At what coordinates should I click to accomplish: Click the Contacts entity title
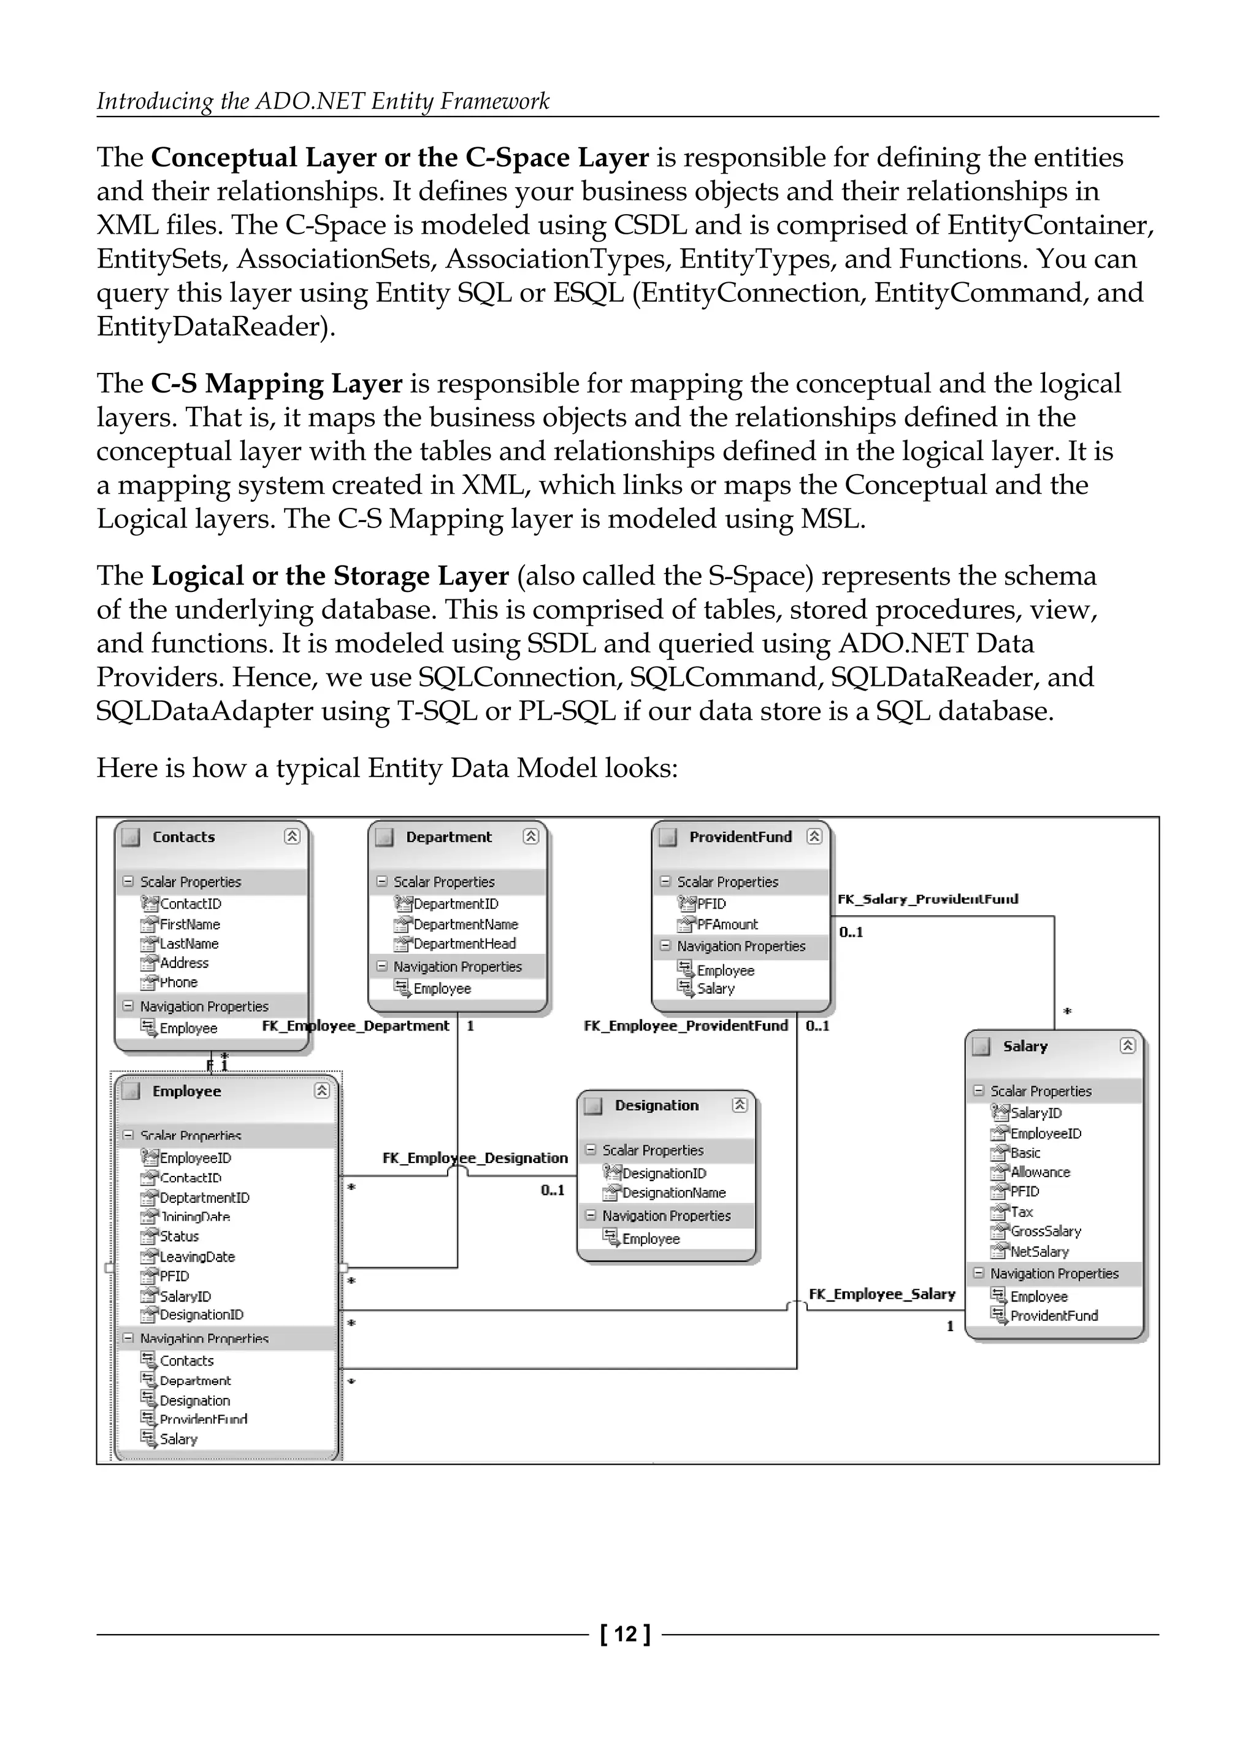(x=183, y=837)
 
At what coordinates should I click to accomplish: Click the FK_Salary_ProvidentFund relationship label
(x=928, y=899)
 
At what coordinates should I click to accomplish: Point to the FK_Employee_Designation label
(x=475, y=1158)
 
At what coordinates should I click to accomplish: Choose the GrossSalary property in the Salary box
(x=1045, y=1232)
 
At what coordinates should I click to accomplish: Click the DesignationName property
(x=673, y=1193)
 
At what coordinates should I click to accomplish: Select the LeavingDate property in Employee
(x=197, y=1257)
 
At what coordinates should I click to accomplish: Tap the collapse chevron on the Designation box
(x=739, y=1105)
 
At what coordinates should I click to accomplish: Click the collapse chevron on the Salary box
(x=1127, y=1046)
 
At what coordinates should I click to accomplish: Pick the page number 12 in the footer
(x=626, y=1635)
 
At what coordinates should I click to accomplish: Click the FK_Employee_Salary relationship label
(x=883, y=1294)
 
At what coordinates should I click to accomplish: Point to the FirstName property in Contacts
(x=190, y=925)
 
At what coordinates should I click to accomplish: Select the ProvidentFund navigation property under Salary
(x=1054, y=1316)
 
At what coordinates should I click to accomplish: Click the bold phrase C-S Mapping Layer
(x=277, y=383)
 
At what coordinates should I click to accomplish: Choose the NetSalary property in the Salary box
(x=1039, y=1251)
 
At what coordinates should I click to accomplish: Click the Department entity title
(x=448, y=837)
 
